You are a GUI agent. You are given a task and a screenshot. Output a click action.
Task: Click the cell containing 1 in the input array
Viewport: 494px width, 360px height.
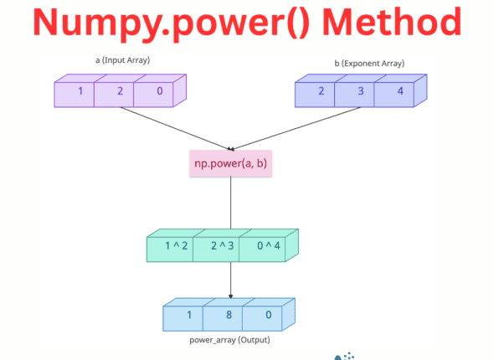(x=80, y=91)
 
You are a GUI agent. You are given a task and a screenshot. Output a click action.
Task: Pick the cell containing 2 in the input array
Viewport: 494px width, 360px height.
(x=120, y=91)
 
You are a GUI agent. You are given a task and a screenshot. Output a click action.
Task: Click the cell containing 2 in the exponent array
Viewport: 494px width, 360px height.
(x=321, y=91)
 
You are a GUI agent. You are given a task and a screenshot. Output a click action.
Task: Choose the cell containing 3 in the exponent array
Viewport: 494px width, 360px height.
(x=361, y=91)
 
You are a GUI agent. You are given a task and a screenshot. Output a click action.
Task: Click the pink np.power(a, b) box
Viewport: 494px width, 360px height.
(x=230, y=163)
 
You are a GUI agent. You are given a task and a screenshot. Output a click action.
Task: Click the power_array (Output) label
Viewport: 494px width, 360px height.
(x=230, y=340)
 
